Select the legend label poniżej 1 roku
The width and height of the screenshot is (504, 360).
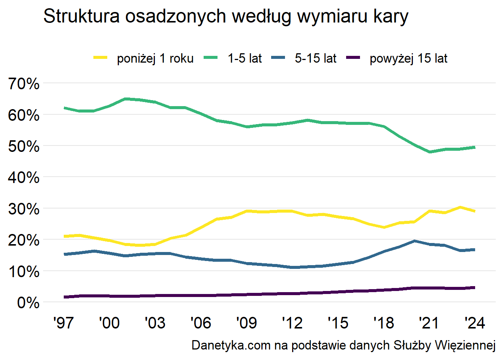point(155,58)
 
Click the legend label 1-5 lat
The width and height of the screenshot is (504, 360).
point(245,58)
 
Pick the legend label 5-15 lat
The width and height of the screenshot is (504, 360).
point(315,58)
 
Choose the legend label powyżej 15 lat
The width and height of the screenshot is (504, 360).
point(408,58)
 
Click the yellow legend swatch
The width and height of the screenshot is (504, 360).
point(100,58)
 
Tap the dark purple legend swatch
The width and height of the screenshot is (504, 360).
point(353,58)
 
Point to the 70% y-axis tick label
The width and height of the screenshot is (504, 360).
point(24,84)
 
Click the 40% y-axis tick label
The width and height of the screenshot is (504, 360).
point(24,177)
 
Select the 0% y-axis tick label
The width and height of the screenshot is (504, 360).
point(28,303)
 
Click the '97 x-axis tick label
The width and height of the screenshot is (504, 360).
point(63,323)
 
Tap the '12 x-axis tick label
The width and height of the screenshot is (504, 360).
point(292,323)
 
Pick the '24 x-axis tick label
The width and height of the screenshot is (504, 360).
point(475,323)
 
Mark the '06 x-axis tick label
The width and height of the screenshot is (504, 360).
point(201,323)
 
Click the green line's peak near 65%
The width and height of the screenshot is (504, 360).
point(125,99)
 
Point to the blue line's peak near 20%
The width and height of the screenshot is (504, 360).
point(414,241)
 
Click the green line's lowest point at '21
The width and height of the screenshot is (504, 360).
point(429,152)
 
